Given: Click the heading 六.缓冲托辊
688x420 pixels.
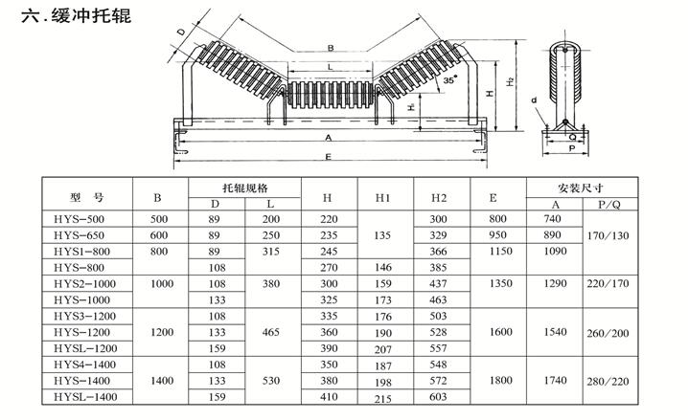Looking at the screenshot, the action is (77, 15).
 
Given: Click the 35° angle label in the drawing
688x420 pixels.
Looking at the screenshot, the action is (449, 79).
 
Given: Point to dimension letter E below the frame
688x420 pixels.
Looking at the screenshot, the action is (328, 157).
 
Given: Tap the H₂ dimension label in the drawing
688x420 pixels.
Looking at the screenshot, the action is (510, 81).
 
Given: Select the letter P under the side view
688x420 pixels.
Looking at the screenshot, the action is (572, 148).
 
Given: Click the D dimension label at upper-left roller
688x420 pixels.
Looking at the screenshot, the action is (181, 32).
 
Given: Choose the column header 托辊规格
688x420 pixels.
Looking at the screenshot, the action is (245, 188).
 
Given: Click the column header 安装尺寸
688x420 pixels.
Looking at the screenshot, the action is (581, 188).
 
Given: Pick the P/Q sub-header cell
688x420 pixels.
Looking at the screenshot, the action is (609, 205).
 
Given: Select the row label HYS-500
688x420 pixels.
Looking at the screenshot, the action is (79, 219).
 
